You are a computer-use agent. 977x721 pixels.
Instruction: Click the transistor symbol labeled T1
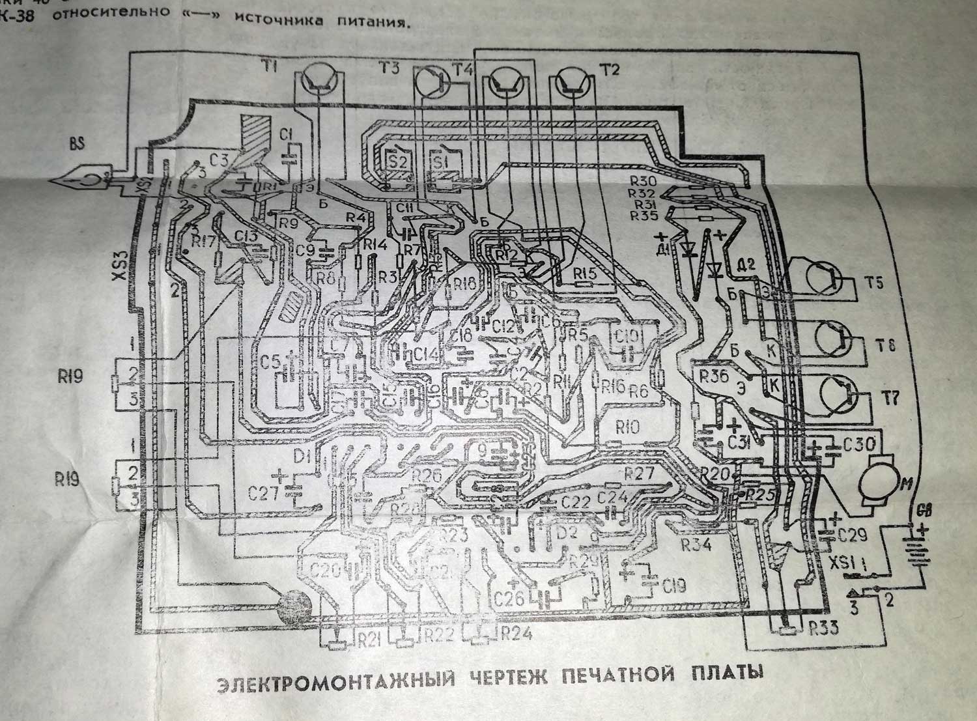pyautogui.click(x=320, y=79)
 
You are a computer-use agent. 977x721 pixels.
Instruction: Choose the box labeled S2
pyautogui.click(x=397, y=160)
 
